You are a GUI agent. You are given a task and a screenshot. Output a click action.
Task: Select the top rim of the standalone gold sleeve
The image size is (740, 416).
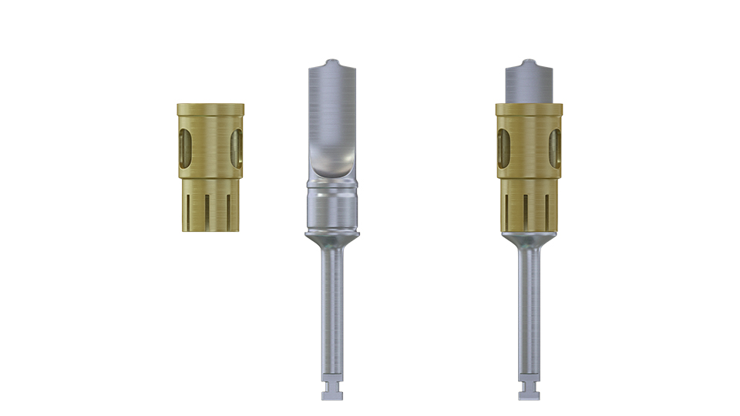(210, 106)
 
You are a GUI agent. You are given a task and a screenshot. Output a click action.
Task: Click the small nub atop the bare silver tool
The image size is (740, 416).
(331, 62)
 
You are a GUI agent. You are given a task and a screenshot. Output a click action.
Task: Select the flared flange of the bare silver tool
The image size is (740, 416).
(332, 234)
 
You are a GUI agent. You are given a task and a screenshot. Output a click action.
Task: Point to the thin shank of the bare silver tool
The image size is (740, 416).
(332, 308)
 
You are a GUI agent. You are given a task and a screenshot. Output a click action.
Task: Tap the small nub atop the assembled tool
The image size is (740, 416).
(528, 62)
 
